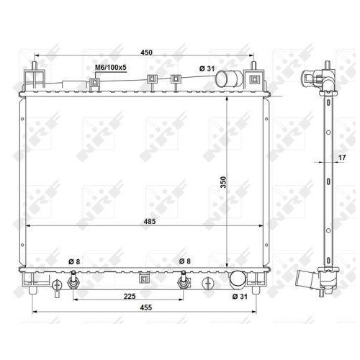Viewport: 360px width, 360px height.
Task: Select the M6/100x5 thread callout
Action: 111,68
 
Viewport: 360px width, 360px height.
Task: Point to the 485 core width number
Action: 148,220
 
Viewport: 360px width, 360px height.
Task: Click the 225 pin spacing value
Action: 128,295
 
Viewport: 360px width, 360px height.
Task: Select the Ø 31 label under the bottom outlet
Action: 239,297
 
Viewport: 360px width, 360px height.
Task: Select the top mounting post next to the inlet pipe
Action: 253,79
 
